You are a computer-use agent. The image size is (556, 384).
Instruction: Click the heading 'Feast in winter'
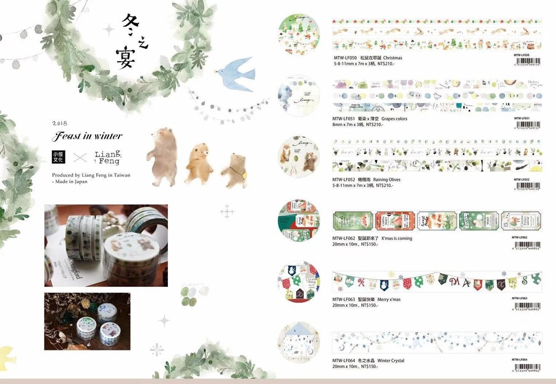click(x=87, y=136)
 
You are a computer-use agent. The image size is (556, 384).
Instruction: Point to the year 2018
click(x=60, y=124)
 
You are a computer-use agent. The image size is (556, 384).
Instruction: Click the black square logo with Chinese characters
click(x=59, y=156)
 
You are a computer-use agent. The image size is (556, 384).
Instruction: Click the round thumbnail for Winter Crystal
click(x=299, y=342)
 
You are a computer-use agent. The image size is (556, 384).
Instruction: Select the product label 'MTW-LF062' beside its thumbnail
click(x=344, y=238)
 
